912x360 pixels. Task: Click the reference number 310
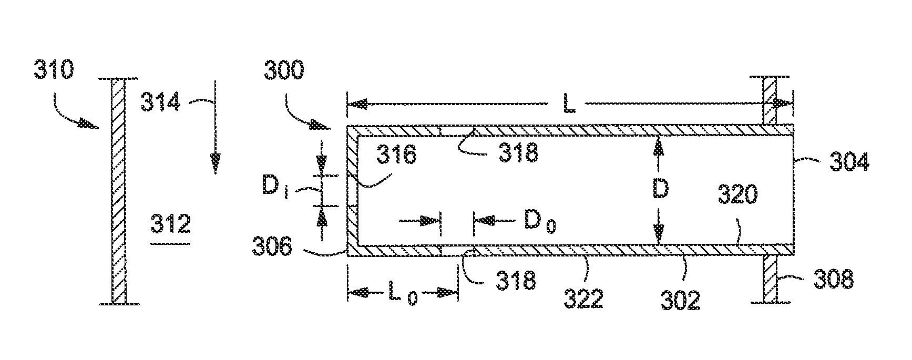coord(55,70)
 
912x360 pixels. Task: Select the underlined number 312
coord(170,225)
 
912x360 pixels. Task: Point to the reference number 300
coord(284,70)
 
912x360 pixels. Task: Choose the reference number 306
coord(272,246)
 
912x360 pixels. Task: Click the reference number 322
coord(583,299)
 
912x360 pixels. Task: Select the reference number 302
coord(681,300)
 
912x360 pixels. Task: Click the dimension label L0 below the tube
coord(402,294)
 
